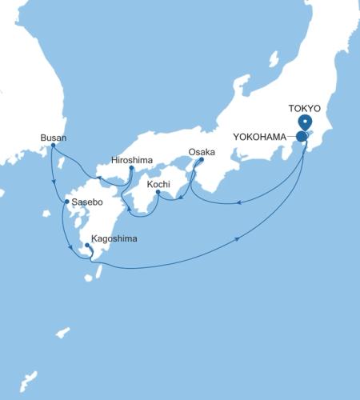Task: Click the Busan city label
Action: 52,138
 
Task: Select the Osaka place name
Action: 202,151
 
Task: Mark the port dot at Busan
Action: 52,147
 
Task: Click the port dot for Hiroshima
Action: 130,168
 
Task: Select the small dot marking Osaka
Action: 201,159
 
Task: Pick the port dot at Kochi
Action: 158,193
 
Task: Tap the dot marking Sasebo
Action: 66,202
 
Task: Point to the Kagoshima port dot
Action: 86,246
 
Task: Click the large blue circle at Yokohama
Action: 302,137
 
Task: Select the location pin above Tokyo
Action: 305,122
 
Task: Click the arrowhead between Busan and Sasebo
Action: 54,183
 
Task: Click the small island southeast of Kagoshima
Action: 98,273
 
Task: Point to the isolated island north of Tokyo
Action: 273,59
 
